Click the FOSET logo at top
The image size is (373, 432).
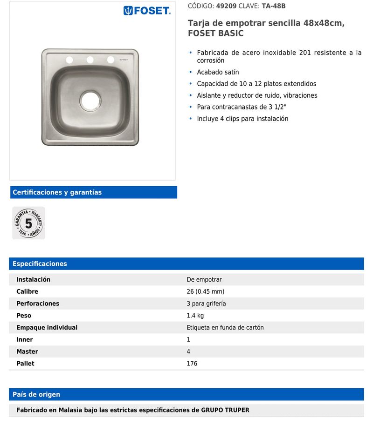click(147, 11)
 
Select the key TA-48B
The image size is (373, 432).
click(274, 6)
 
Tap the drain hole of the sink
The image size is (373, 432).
click(90, 100)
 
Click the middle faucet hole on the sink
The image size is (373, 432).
click(90, 60)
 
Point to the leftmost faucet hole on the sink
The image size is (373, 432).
click(69, 60)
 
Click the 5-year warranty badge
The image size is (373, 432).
click(28, 223)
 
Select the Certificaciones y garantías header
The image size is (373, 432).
click(57, 192)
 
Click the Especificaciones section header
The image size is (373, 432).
click(40, 263)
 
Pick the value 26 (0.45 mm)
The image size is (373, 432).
click(205, 291)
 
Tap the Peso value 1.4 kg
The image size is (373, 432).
click(195, 316)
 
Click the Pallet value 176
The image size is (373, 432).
click(192, 364)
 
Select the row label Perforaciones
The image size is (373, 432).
click(38, 304)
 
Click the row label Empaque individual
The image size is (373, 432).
click(47, 327)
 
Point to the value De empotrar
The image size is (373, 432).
click(204, 280)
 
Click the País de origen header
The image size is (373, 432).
click(36, 394)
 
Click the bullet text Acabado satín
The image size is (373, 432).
click(218, 72)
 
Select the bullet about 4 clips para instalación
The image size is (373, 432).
click(242, 119)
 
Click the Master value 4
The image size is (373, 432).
click(188, 351)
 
